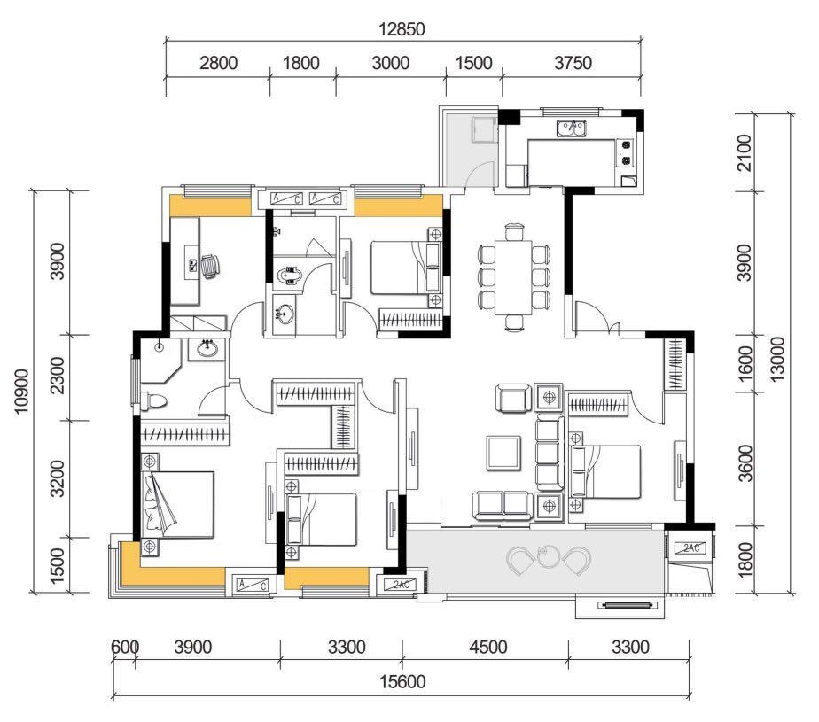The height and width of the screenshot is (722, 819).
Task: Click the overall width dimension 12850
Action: [x=402, y=29]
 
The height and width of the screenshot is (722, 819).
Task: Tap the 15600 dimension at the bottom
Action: [x=402, y=681]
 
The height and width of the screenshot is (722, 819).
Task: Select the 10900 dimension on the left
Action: [x=22, y=391]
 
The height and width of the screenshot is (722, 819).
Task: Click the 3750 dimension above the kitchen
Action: [x=573, y=63]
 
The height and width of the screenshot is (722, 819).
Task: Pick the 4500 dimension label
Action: [x=487, y=648]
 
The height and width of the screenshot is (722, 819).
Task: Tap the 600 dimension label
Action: [x=125, y=648]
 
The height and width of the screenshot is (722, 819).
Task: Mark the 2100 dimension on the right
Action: [x=745, y=152]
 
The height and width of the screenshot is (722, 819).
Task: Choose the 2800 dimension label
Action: [x=218, y=63]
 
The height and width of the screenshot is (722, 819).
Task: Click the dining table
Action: [x=513, y=276]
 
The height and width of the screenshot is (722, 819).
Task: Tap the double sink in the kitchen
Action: [x=571, y=128]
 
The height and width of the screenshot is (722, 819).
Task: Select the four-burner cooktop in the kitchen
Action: [x=625, y=153]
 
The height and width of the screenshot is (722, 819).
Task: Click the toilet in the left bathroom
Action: [x=153, y=401]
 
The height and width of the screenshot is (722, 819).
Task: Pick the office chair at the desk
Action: [x=210, y=267]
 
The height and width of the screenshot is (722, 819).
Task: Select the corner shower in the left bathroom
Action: [x=160, y=361]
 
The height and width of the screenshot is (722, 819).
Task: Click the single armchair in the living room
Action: [x=513, y=399]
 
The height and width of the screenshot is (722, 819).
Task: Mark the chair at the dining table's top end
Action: [x=514, y=231]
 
